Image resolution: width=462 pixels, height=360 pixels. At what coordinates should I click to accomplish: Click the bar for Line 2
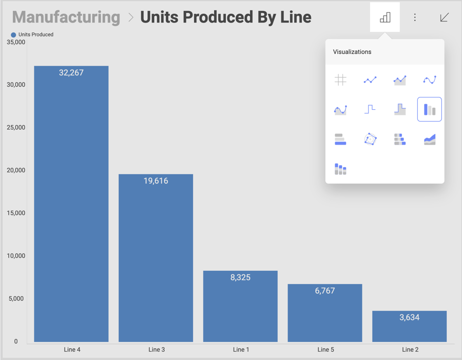pyautogui.click(x=409, y=331)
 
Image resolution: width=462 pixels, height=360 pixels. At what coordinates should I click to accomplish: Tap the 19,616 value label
pyautogui.click(x=156, y=181)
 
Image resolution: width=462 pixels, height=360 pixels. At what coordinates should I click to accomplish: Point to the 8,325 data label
pyautogui.click(x=240, y=277)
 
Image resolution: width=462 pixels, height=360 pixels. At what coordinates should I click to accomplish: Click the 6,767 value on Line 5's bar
pyautogui.click(x=324, y=291)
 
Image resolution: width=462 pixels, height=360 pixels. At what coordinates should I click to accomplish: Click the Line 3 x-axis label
pyautogui.click(x=157, y=350)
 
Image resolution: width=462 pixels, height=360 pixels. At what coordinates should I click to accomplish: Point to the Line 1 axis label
pyautogui.click(x=241, y=350)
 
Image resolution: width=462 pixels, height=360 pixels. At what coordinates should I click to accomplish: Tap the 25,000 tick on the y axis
pyautogui.click(x=16, y=128)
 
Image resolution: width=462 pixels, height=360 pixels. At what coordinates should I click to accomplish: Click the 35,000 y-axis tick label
pyautogui.click(x=16, y=43)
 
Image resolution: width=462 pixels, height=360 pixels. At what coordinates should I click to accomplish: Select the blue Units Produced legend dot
pyautogui.click(x=13, y=35)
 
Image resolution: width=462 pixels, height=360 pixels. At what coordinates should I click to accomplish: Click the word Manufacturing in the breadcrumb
pyautogui.click(x=66, y=17)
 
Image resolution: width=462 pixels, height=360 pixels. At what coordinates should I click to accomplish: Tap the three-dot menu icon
pyautogui.click(x=415, y=17)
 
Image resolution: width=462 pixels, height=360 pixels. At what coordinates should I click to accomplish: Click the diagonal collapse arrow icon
pyautogui.click(x=445, y=17)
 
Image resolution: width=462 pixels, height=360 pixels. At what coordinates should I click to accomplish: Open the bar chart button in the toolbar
pyautogui.click(x=385, y=17)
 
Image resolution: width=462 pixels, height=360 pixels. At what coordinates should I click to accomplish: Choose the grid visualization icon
pyautogui.click(x=340, y=79)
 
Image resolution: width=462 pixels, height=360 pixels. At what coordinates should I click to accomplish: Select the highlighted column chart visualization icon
pyautogui.click(x=429, y=109)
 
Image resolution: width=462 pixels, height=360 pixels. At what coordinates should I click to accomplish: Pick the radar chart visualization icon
pyautogui.click(x=370, y=139)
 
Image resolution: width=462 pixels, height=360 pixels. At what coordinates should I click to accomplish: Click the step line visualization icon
pyautogui.click(x=370, y=109)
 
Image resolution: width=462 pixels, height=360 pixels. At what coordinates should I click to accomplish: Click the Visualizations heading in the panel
pyautogui.click(x=352, y=52)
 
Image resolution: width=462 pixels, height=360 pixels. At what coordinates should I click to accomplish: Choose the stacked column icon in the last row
pyautogui.click(x=340, y=169)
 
